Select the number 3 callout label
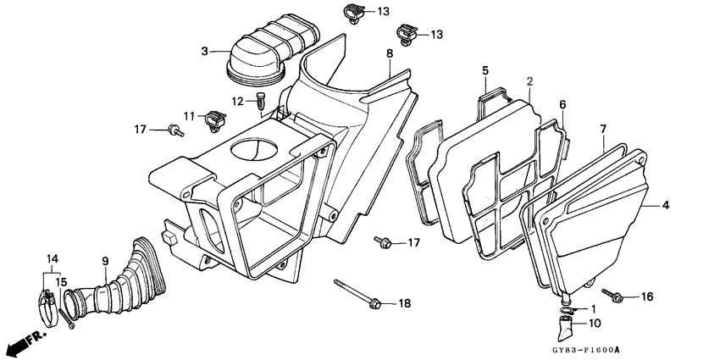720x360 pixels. [x=204, y=52]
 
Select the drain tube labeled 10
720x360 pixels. [x=566, y=319]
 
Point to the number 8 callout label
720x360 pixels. [x=390, y=54]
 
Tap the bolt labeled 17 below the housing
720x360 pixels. [x=385, y=244]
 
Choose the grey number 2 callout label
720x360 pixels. [x=529, y=81]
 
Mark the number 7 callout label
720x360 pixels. [x=603, y=129]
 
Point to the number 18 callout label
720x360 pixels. [x=404, y=303]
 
